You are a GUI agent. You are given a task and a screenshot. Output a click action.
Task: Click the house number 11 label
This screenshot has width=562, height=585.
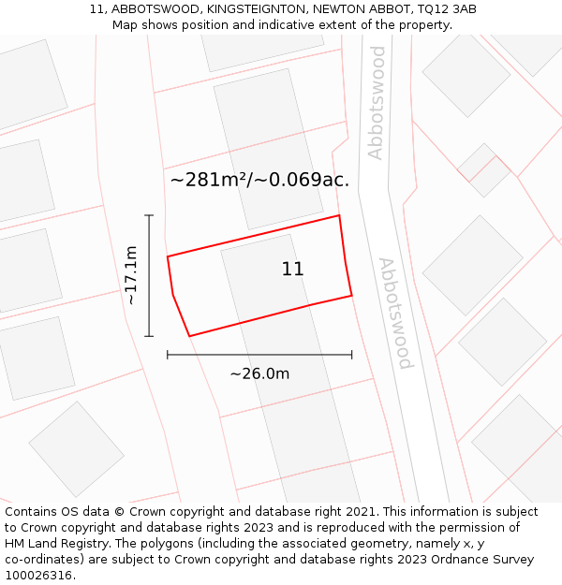[x=292, y=270]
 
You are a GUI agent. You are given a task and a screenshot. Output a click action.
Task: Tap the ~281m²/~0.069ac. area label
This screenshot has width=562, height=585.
[x=259, y=180]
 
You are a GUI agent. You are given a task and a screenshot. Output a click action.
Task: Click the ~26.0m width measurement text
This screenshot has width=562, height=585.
[x=259, y=373]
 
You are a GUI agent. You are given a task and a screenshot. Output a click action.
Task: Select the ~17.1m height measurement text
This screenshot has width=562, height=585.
[x=131, y=275]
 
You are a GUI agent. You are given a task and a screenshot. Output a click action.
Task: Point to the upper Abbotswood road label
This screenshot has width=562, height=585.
[x=376, y=103]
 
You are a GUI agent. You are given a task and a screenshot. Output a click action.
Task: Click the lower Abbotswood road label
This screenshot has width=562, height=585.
[x=395, y=313]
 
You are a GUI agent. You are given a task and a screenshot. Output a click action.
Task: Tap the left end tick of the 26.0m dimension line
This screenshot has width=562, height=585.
[x=168, y=355]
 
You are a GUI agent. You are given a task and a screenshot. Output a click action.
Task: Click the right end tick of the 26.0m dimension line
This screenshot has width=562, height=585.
[x=351, y=355]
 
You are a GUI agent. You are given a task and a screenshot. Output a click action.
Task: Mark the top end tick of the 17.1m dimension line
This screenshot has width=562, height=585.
[x=149, y=215]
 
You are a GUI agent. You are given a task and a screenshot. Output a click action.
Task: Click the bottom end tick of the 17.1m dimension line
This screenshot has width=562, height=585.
[x=149, y=336]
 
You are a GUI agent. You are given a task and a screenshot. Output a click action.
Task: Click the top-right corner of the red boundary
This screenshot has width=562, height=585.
[x=338, y=215]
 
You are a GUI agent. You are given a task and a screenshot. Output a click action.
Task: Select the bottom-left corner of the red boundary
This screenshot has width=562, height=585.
[x=189, y=336]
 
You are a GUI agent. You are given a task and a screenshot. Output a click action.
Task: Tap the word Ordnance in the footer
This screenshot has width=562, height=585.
[x=446, y=560]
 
